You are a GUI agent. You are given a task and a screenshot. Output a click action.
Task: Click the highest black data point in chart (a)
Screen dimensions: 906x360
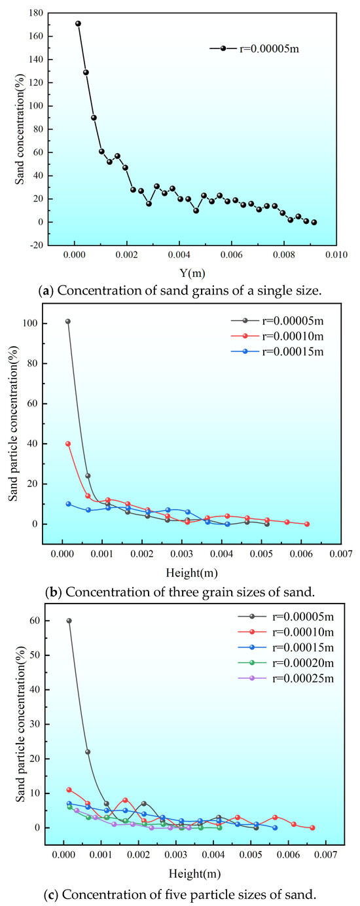[x=78, y=24]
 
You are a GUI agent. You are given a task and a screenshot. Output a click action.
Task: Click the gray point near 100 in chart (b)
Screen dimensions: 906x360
[x=68, y=321]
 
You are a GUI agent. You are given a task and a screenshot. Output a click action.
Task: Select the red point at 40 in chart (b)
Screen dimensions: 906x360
[x=68, y=444]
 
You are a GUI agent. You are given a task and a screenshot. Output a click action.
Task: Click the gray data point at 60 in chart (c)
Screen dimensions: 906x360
[x=69, y=621]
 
